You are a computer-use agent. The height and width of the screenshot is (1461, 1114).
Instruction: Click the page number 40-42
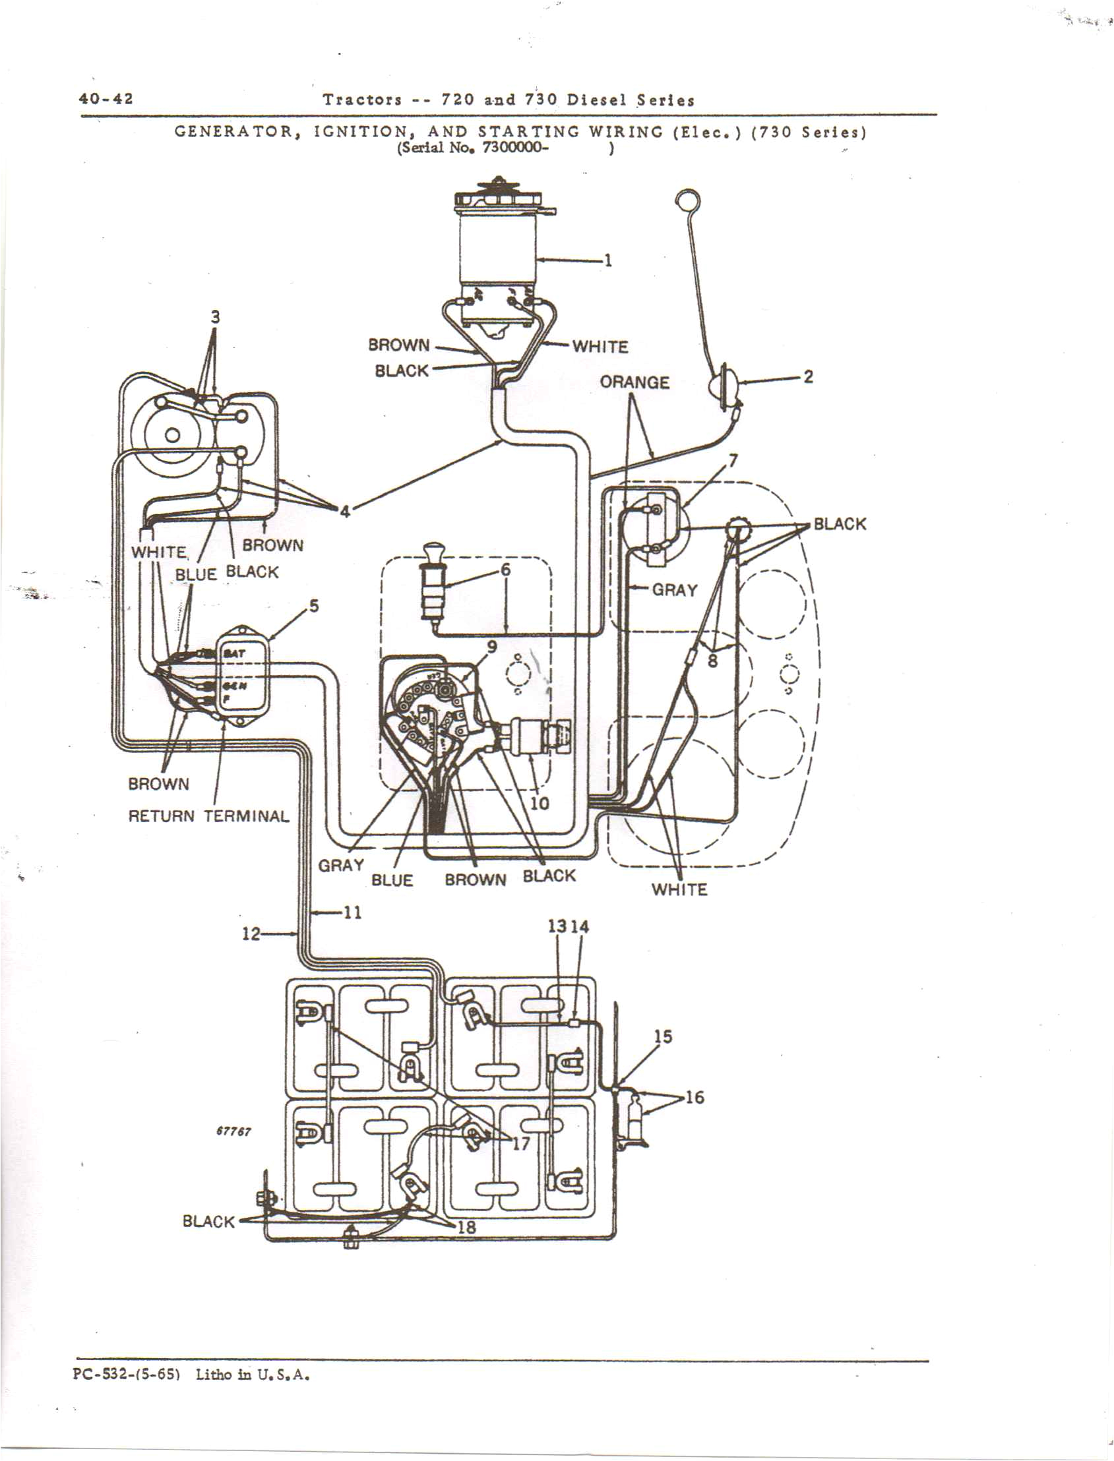coord(106,99)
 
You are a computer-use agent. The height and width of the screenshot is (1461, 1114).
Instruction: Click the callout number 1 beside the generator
coord(607,260)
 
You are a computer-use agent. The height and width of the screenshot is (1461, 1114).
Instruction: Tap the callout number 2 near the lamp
coord(808,376)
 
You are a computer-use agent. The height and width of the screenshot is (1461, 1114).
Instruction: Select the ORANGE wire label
coord(634,382)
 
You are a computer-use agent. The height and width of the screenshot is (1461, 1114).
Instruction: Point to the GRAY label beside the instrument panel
coord(674,589)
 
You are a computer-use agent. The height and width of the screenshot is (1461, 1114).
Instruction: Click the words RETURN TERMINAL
coord(209,816)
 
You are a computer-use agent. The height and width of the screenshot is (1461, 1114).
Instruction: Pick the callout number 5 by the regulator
coord(314,605)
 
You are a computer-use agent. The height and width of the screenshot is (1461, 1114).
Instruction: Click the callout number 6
coord(505,570)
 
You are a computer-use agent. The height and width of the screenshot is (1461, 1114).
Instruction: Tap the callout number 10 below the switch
coord(540,804)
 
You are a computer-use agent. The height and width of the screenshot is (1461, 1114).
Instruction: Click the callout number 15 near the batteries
coord(662,1036)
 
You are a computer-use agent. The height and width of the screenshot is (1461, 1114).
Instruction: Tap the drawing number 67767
coord(233,1131)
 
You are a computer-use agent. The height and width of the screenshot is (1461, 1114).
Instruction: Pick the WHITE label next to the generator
coord(600,347)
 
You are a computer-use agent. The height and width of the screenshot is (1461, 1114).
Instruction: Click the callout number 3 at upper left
coord(214,317)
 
